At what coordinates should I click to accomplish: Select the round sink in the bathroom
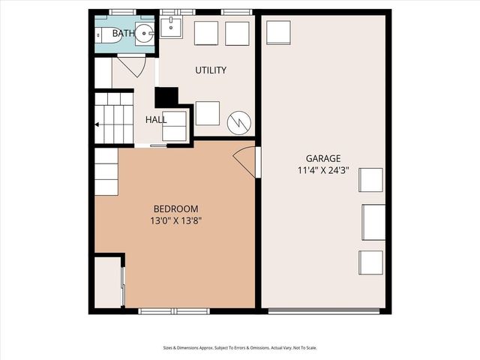(x=145, y=34)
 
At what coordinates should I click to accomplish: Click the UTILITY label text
(x=211, y=70)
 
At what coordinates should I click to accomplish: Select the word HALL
(x=156, y=120)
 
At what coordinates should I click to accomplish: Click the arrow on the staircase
(x=97, y=124)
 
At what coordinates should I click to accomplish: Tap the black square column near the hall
(x=166, y=97)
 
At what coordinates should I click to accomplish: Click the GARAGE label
(x=322, y=158)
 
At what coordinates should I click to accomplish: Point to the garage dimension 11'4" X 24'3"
(x=322, y=171)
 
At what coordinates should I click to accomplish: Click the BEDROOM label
(x=175, y=208)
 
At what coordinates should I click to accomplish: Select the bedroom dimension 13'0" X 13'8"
(x=175, y=221)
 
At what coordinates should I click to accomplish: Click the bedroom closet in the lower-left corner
(x=109, y=282)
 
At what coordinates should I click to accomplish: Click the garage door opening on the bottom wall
(x=323, y=310)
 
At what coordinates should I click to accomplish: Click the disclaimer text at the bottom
(x=240, y=348)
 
